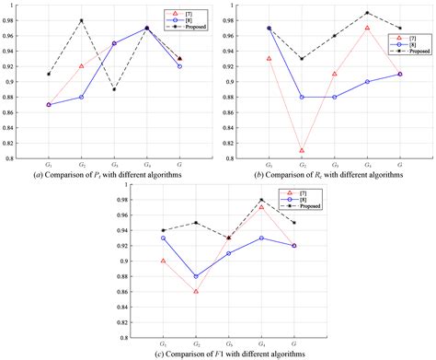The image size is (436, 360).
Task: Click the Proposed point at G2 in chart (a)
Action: (81, 20)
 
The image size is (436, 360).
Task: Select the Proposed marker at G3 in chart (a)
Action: (114, 89)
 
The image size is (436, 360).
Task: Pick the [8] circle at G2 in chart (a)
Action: (81, 97)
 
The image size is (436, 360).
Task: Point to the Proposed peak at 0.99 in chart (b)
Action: (367, 13)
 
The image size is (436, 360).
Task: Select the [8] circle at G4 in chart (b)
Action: (367, 82)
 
